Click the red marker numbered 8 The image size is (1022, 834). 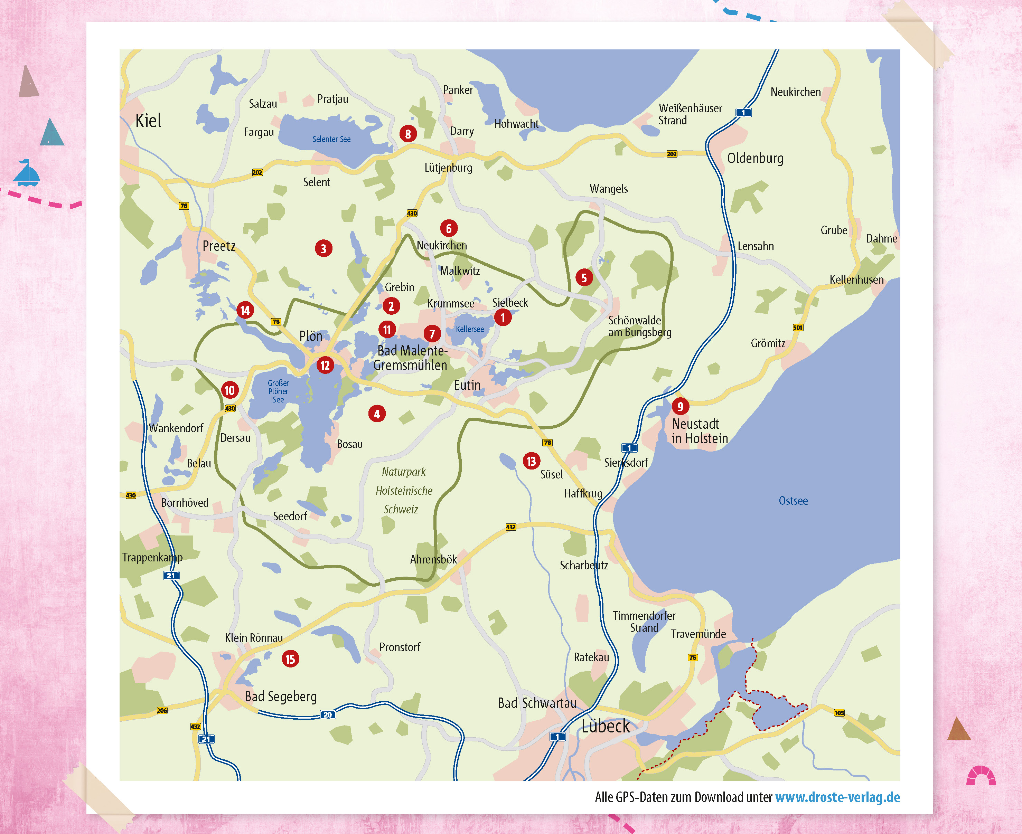coord(408,134)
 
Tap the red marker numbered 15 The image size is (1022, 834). coord(290,658)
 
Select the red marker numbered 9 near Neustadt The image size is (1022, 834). coord(680,406)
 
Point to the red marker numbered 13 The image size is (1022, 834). coord(531,461)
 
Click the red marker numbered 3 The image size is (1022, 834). coord(324,248)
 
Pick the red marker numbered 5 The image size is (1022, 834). coord(584,277)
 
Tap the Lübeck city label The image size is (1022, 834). coord(606,726)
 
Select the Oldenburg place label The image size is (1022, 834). coord(755,158)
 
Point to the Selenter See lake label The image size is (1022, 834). coord(331,139)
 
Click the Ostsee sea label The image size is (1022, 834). coord(793,501)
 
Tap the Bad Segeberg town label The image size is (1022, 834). coord(281,696)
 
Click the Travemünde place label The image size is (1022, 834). coord(698,634)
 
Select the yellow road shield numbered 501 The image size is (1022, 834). coord(798,328)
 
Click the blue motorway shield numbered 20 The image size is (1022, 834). coord(327,714)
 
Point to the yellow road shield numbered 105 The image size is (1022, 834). coord(839,712)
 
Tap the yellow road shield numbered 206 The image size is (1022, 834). coord(162,710)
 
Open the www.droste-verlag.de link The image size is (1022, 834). coord(837,797)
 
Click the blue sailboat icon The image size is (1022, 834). coord(26,173)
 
